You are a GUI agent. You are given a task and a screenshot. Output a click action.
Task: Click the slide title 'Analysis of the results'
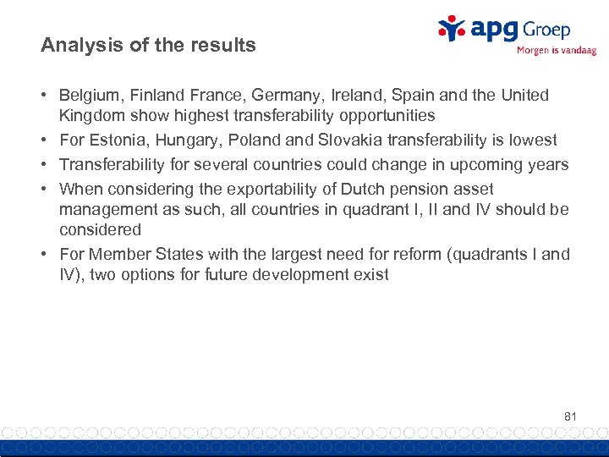pos(148,46)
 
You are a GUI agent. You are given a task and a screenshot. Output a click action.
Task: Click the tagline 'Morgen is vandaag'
pos(556,50)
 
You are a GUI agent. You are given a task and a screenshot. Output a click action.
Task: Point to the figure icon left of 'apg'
pos(451,28)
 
